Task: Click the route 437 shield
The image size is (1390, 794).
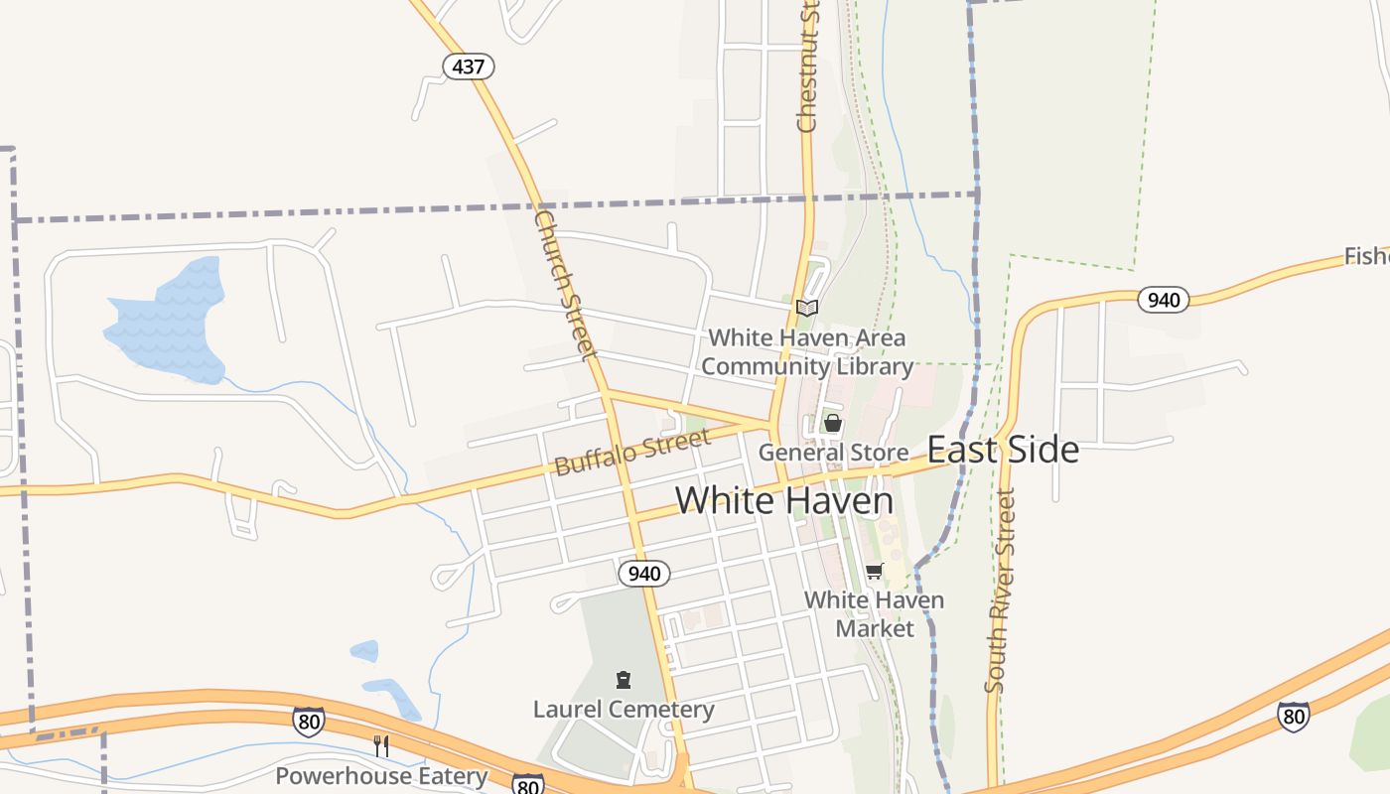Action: [x=468, y=66]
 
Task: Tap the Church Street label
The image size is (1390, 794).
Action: [x=565, y=283]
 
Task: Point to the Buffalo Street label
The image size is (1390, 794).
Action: [x=632, y=453]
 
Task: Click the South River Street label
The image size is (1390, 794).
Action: [x=1001, y=590]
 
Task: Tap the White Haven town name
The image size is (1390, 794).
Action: [x=784, y=500]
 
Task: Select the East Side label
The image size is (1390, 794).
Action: [x=1003, y=450]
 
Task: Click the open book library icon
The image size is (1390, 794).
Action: [x=807, y=308]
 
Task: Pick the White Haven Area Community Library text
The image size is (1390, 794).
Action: [x=807, y=352]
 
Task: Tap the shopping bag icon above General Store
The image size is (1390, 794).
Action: [x=833, y=424]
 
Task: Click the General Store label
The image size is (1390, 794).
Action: [x=833, y=453]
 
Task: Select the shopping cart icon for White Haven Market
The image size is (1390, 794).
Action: [x=874, y=571]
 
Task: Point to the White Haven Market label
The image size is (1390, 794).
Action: [x=874, y=614]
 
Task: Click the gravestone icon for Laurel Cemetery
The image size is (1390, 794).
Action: [x=624, y=680]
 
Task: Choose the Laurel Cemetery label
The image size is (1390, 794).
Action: [x=624, y=709]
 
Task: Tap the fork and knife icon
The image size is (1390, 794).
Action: [x=381, y=746]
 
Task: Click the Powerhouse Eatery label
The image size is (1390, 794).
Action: [x=381, y=775]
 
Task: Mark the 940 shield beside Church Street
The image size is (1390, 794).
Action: [x=644, y=574]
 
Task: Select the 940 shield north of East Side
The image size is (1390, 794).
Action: [x=1163, y=299]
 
